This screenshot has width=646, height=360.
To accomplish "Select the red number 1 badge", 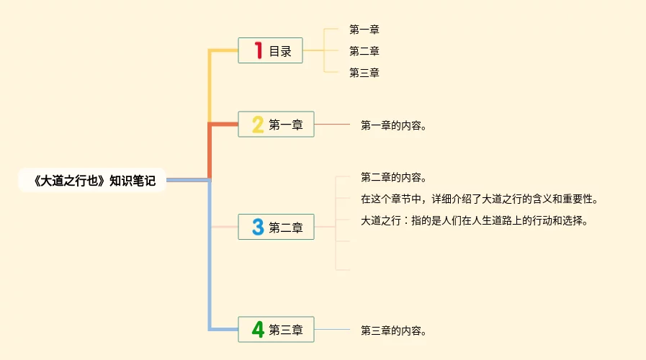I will pyautogui.click(x=257, y=50).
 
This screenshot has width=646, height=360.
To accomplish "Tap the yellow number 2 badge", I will pyautogui.click(x=257, y=125).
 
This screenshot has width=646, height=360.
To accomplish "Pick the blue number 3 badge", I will pyautogui.click(x=257, y=228).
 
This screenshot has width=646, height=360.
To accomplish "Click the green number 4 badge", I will pyautogui.click(x=257, y=330).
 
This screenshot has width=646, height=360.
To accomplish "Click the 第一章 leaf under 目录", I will pyautogui.click(x=364, y=30).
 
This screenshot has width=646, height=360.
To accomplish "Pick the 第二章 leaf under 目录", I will pyautogui.click(x=364, y=51).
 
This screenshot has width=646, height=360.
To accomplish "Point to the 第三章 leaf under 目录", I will pyautogui.click(x=364, y=73).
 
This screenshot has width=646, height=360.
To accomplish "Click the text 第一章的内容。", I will pyautogui.click(x=394, y=125).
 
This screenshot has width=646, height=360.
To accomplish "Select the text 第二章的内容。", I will pyautogui.click(x=394, y=177).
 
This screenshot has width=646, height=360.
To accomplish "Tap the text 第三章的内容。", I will pyautogui.click(x=394, y=330).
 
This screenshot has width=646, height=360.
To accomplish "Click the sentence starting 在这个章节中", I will pyautogui.click(x=479, y=199).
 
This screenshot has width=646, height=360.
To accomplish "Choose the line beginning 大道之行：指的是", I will pyautogui.click(x=475, y=220).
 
